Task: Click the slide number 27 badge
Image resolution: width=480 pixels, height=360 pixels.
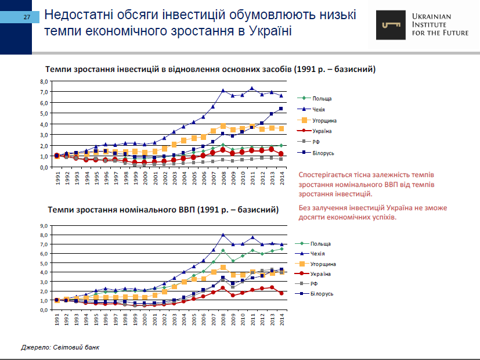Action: pos(27,18)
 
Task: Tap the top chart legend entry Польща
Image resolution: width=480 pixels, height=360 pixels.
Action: pos(321,99)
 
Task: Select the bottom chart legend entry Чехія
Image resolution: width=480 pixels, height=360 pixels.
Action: pos(317,254)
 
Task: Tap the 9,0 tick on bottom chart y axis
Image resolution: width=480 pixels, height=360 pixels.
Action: pos(44,226)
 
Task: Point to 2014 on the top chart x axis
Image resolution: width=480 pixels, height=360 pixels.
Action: pos(281,178)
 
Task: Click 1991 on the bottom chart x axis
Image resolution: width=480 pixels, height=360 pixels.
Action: pos(57,321)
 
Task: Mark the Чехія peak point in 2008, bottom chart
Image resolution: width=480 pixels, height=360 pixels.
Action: pos(223,235)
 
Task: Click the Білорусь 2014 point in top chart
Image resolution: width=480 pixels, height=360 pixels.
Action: pos(281,109)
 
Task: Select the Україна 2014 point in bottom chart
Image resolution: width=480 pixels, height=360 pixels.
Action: pos(281,293)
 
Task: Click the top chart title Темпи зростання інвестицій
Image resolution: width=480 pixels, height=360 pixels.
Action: pos(211,69)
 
